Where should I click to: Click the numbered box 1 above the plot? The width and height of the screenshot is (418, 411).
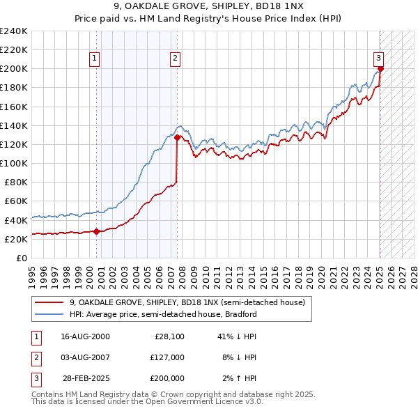click(95, 59)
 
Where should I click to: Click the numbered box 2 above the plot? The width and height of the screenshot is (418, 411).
click(175, 59)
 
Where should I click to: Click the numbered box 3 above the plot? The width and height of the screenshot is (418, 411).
click(378, 59)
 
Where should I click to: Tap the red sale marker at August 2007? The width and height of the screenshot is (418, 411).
click(177, 138)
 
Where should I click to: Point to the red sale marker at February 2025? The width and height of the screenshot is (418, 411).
click(380, 69)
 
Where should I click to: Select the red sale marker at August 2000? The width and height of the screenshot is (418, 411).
click(96, 231)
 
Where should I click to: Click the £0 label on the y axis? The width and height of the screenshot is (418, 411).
click(22, 258)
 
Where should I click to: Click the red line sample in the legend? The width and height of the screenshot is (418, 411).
click(49, 303)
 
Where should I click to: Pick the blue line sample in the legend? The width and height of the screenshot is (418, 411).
click(49, 314)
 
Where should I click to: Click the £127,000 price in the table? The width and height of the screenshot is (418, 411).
click(167, 357)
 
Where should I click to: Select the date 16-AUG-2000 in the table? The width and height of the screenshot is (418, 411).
click(85, 336)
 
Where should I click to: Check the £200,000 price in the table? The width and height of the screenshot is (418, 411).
click(167, 378)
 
